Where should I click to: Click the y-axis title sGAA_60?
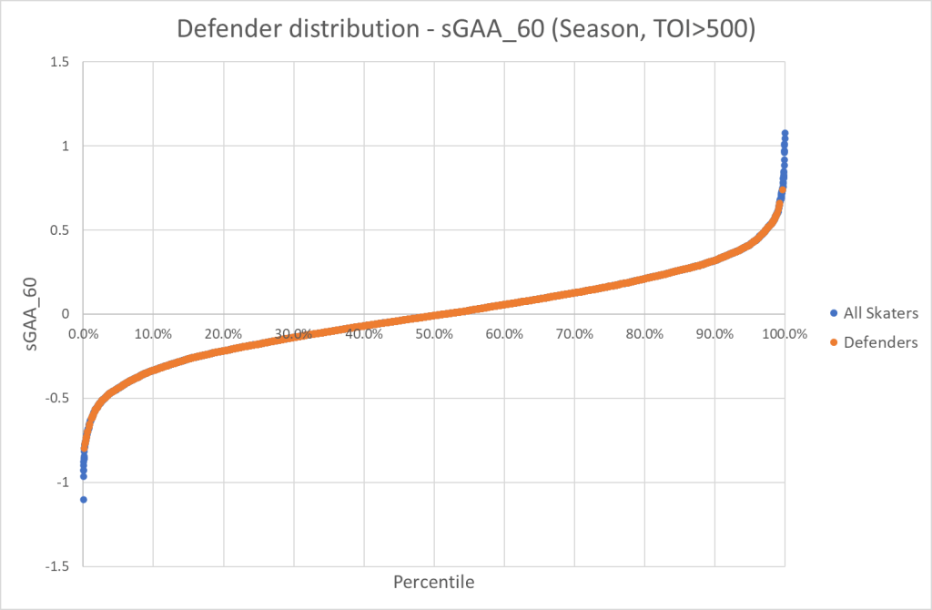[35, 312]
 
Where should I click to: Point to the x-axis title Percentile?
[433, 581]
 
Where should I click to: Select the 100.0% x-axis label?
[785, 333]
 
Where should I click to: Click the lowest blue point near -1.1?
[83, 500]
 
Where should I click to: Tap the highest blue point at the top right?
[785, 133]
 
